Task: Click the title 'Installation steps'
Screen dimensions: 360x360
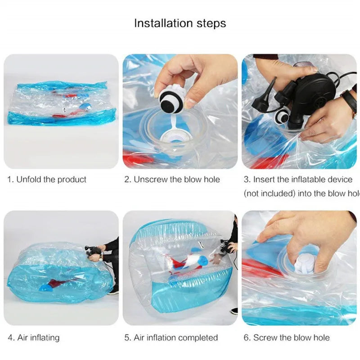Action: pos(180,23)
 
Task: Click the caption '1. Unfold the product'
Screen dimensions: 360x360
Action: pos(47,180)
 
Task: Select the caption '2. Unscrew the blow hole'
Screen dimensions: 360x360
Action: pos(172,180)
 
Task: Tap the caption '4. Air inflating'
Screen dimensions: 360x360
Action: pos(34,337)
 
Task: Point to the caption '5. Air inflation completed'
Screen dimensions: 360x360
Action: pos(171,337)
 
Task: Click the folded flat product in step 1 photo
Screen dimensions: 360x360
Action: pos(62,103)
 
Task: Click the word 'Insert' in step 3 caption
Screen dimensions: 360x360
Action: pos(264,180)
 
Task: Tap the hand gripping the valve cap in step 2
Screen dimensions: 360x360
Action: pos(198,76)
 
